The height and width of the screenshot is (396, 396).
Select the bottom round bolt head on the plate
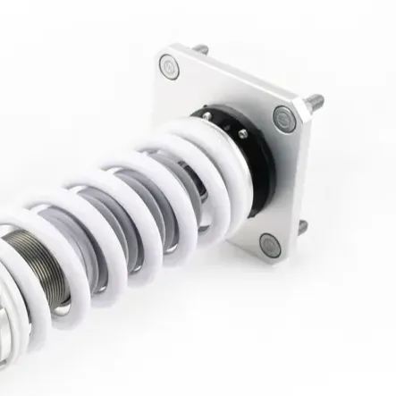pyautogui.click(x=269, y=242)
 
